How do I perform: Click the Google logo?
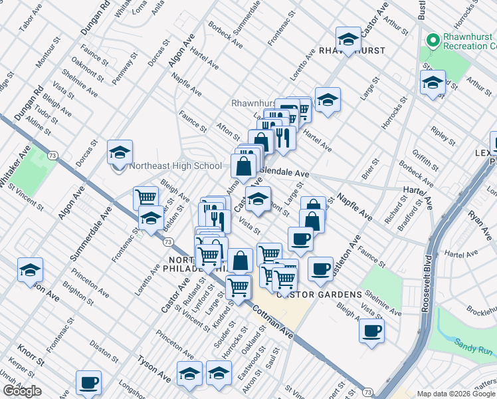click(22, 391)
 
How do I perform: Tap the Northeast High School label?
click(176, 166)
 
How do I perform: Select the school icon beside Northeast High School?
click(120, 154)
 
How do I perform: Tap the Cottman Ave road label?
click(272, 318)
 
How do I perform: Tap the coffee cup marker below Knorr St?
click(88, 383)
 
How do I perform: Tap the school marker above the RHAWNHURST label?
click(348, 39)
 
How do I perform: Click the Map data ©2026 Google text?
click(456, 394)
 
